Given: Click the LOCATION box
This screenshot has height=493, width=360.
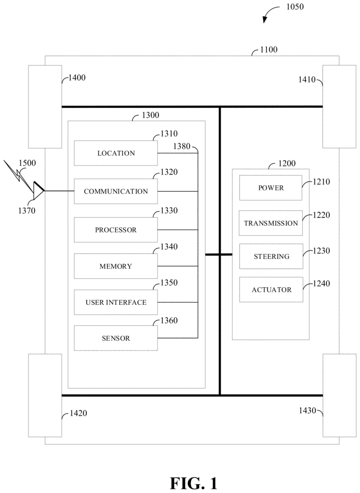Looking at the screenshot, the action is click(x=116, y=153).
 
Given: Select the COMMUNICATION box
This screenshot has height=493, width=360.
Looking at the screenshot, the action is click(x=116, y=191).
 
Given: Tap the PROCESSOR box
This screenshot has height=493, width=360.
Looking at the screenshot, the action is click(x=116, y=230).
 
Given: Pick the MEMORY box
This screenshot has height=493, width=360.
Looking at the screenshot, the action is click(x=116, y=266).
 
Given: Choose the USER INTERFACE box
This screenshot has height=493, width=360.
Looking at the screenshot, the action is click(x=116, y=302).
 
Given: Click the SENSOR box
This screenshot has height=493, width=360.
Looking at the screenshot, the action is click(x=116, y=338).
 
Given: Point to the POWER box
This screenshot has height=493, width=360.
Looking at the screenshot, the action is click(x=271, y=188).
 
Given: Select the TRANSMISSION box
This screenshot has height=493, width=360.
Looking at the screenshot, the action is click(x=271, y=223).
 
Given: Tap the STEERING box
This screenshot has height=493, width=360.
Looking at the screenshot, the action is click(x=271, y=256).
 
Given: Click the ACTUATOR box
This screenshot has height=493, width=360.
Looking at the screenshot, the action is click(x=271, y=289).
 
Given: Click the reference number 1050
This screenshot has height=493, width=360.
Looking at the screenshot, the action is click(x=295, y=7).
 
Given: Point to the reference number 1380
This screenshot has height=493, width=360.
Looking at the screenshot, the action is click(x=182, y=146).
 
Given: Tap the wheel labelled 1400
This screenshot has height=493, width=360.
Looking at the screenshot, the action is click(x=45, y=106).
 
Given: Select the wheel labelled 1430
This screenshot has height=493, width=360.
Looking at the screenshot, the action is click(x=340, y=395).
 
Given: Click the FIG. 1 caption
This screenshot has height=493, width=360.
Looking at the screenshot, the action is click(x=194, y=483).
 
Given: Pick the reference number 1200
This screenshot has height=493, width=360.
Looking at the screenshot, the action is click(x=287, y=164).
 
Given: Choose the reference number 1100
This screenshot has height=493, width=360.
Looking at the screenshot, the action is click(x=269, y=50).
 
